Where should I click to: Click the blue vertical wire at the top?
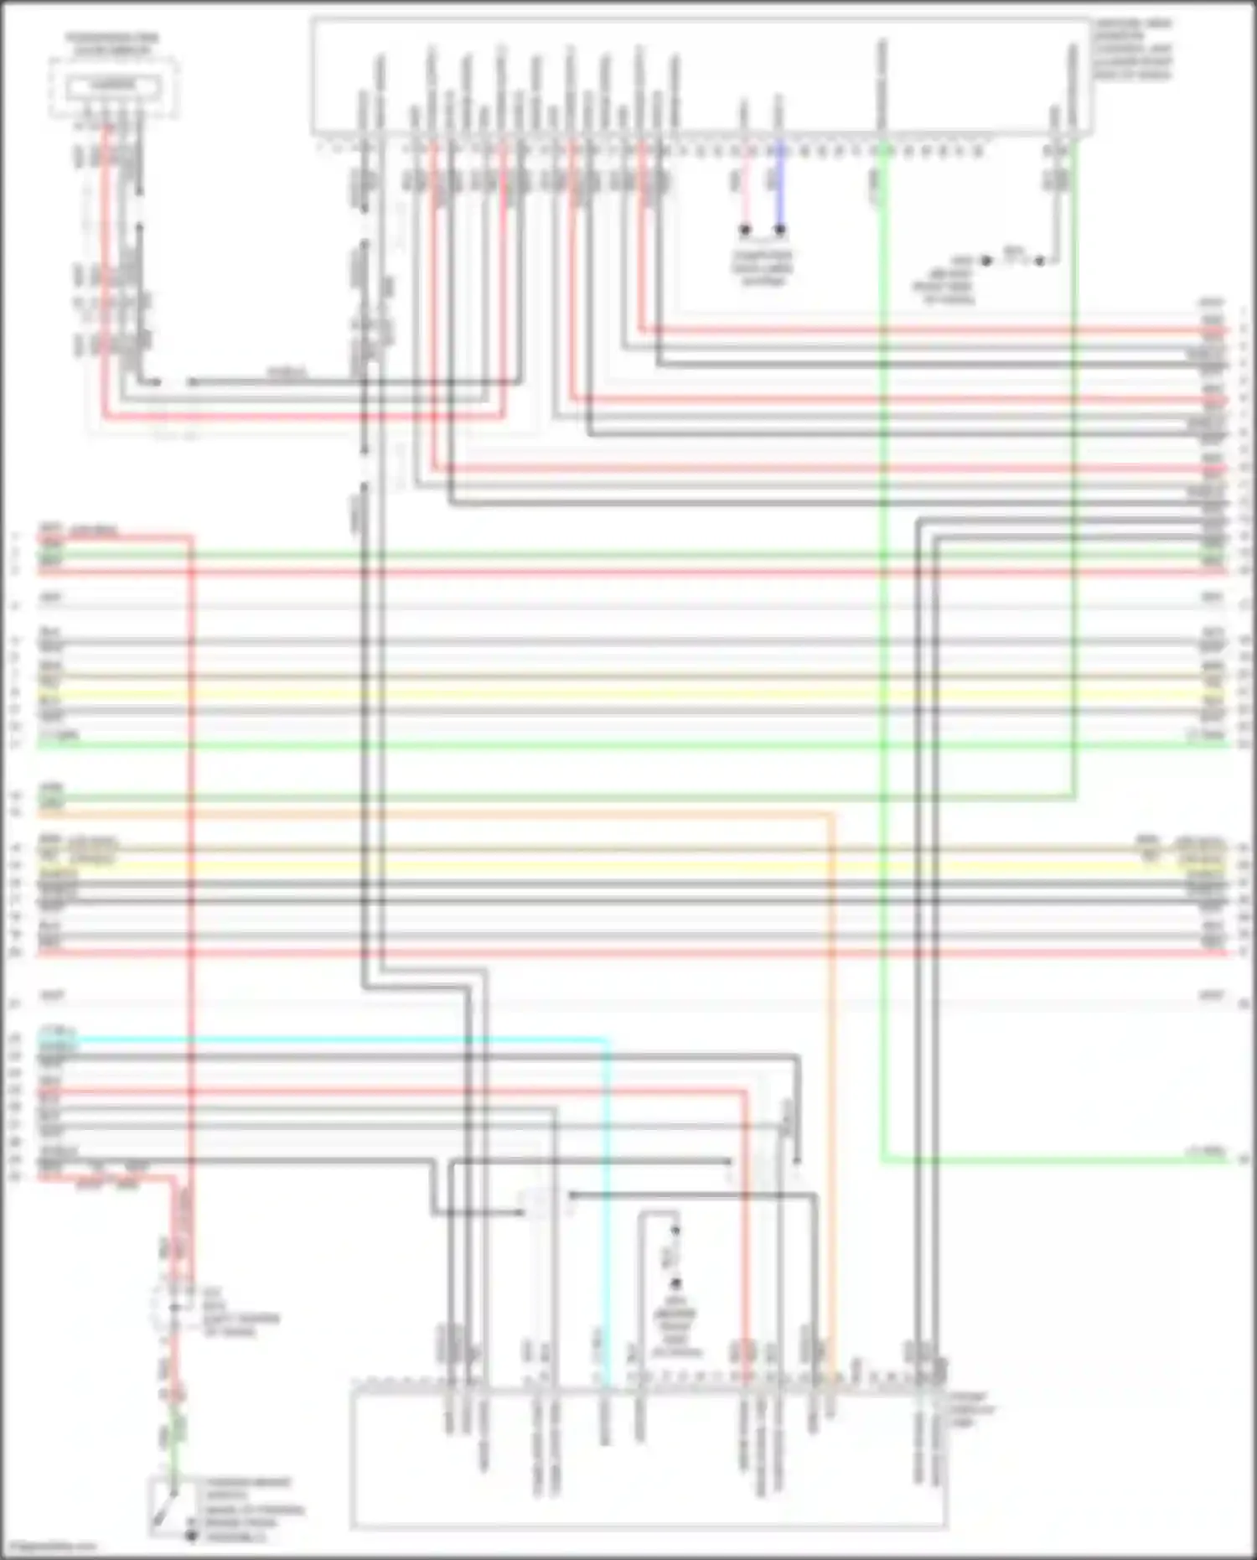(780, 189)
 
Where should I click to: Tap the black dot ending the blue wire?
(780, 229)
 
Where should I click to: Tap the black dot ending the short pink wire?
(744, 229)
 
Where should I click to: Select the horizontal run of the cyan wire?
(335, 1039)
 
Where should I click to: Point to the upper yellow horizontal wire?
(628, 693)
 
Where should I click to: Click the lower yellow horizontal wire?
(628, 865)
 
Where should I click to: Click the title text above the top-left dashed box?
(112, 44)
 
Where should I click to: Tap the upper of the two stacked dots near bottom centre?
(675, 1231)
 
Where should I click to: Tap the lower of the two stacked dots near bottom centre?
(675, 1283)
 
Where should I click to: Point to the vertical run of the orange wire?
(831, 1090)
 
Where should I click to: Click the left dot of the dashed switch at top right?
(986, 261)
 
